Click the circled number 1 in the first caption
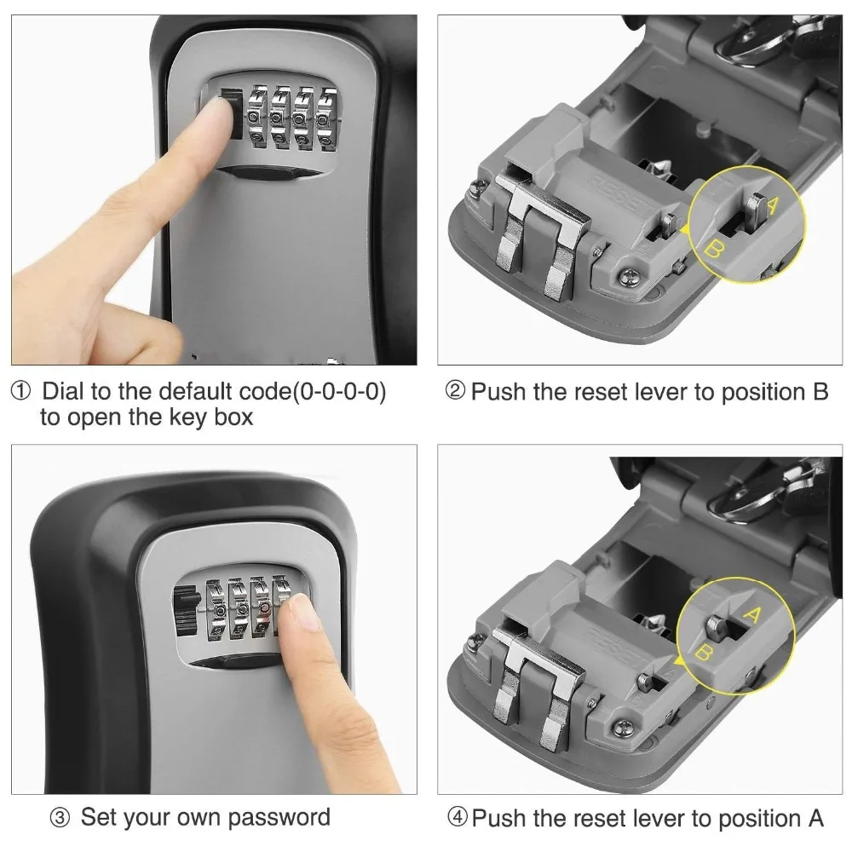pos(20,393)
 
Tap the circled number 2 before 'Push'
pos(457,393)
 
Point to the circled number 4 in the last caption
pos(458,820)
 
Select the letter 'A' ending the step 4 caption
pos(815,819)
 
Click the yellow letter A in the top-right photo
pos(773,205)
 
